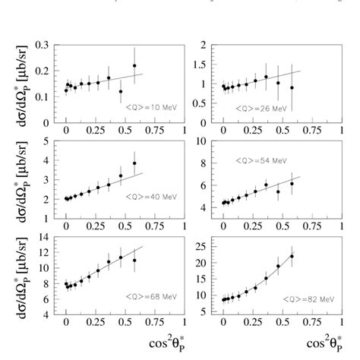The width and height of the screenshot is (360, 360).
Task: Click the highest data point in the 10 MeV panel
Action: (134, 65)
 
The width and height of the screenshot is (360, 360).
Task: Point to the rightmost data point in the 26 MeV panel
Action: (292, 87)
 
